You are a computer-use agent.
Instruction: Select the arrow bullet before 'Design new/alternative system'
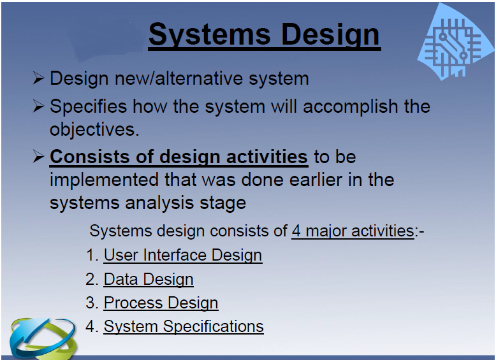[38, 79]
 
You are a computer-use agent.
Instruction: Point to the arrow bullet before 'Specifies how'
[38, 106]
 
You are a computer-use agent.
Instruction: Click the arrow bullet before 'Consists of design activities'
[38, 157]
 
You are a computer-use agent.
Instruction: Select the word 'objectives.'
[94, 129]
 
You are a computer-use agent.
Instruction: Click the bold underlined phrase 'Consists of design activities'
[179, 157]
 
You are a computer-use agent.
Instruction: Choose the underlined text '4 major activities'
[353, 230]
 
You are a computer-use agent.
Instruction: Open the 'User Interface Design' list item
[182, 255]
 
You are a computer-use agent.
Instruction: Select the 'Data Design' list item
[148, 279]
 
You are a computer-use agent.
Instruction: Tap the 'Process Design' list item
[161, 303]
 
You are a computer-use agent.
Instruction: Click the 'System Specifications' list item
[183, 327]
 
